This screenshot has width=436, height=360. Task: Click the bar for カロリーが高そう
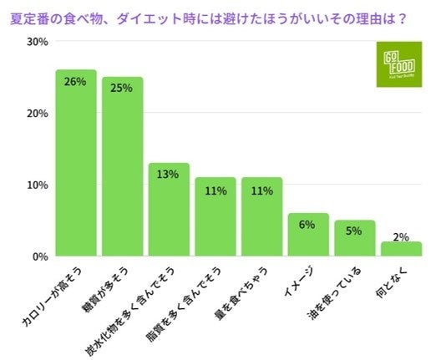point(76,167)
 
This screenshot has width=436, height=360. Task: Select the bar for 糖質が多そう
point(123,171)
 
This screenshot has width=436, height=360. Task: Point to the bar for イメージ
point(308,237)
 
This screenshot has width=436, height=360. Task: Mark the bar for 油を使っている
point(355,241)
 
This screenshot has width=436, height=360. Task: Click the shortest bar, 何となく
point(401,250)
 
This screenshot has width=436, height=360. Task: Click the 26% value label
point(76,82)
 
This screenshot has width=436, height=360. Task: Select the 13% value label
point(169,175)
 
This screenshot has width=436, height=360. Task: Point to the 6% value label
point(308,225)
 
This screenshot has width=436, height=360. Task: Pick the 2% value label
point(401,237)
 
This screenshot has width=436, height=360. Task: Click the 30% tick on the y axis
point(36,42)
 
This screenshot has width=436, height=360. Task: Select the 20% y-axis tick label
point(36,114)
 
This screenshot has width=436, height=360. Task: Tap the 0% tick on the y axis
point(39,257)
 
